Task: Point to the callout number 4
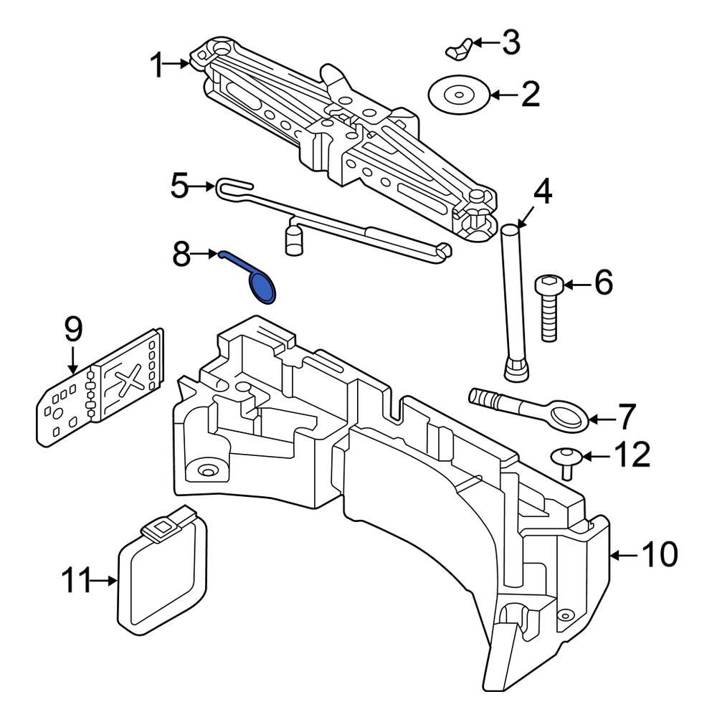tap(542, 192)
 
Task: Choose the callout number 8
tap(181, 254)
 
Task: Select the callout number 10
tap(657, 554)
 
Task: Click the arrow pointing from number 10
tap(624, 554)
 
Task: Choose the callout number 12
tap(630, 455)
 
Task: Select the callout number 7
tap(626, 416)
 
